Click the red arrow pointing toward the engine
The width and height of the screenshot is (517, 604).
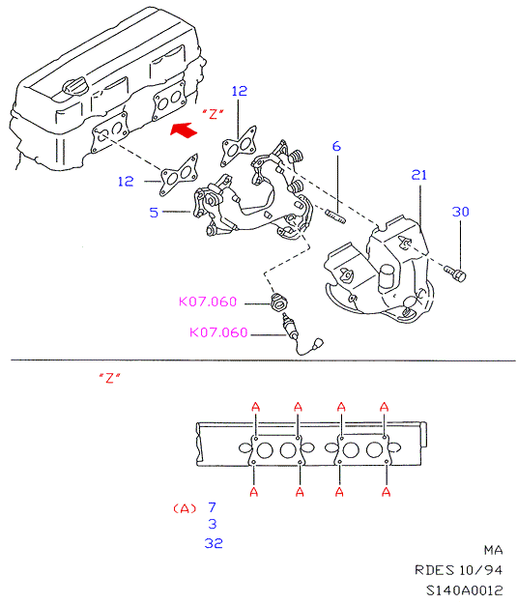tap(185, 129)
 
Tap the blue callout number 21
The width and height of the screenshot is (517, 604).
tap(419, 175)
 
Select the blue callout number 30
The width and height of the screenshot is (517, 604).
tap(460, 212)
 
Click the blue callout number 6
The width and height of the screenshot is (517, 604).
tap(336, 146)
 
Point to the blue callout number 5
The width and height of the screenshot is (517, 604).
tap(154, 213)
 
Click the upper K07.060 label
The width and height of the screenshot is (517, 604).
tap(208, 302)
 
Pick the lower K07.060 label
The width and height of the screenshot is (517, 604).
tap(218, 332)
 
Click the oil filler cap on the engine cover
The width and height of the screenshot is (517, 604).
tap(75, 86)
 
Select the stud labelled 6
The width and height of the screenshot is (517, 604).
tap(336, 216)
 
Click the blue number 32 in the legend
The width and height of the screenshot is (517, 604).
tap(214, 543)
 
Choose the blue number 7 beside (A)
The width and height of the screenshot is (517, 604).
tap(212, 507)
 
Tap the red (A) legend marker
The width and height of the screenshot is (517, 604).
tap(185, 508)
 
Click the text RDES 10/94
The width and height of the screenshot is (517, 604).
tap(458, 570)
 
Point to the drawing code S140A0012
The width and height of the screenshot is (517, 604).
tap(464, 590)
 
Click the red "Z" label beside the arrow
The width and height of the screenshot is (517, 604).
tap(214, 114)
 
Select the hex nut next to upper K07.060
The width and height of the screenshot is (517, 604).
tap(278, 302)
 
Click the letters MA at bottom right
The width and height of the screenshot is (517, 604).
tap(494, 550)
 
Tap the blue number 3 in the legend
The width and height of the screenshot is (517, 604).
tap(213, 524)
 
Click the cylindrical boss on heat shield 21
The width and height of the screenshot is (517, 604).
tap(387, 278)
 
